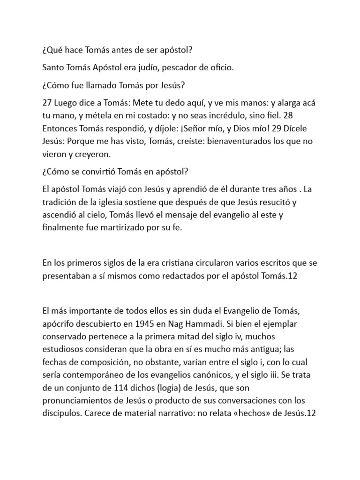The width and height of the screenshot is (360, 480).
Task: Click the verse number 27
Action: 47,103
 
